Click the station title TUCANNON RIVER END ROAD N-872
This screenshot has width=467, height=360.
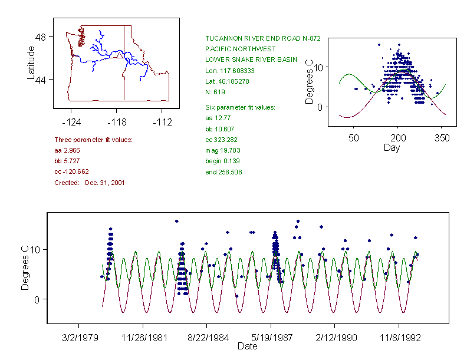[262, 38]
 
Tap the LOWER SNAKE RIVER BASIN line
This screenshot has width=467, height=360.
[243, 60]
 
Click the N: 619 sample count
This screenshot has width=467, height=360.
[215, 92]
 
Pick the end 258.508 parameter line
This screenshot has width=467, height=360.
[223, 172]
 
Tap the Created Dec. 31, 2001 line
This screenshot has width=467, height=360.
[89, 183]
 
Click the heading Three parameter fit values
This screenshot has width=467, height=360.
[93, 140]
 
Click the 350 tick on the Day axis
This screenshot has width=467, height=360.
[442, 138]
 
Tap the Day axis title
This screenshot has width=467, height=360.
[392, 148]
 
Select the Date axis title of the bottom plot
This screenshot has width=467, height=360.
[247, 346]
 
